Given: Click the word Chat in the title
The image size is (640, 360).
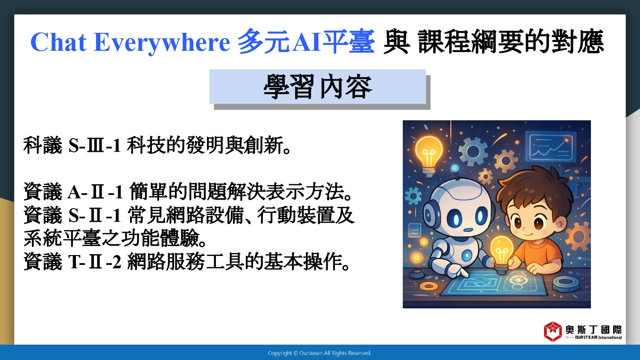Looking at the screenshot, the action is point(58,42).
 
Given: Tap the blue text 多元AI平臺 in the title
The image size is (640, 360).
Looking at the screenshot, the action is point(306,42).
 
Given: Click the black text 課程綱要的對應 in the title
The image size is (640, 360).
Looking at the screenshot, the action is point(511,42).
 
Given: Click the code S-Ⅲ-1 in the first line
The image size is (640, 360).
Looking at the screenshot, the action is point(95,145).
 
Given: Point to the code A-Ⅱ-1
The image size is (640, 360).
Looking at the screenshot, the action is point(95,192).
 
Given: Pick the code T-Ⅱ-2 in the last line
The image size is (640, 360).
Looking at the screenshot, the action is point(95,262).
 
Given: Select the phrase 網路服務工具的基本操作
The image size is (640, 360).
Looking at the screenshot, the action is point(238,261).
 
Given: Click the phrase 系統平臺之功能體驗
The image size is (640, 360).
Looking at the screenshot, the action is point(115,238).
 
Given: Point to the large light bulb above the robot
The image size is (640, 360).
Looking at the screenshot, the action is point(428,156).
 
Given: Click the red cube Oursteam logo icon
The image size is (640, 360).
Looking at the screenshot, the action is point(553,331).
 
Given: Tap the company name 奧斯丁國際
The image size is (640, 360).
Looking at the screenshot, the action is point(593,330).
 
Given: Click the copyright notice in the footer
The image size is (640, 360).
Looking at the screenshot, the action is point(320,353).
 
